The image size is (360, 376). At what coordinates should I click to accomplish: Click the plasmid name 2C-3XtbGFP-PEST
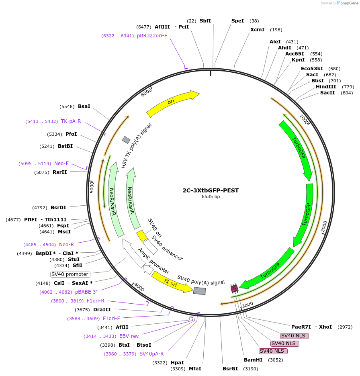211,190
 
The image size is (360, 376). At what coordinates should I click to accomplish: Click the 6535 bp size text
211,197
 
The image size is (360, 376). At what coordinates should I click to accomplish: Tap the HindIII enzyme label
326,87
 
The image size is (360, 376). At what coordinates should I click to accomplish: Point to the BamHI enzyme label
253,360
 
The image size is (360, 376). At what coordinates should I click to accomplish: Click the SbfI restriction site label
205,21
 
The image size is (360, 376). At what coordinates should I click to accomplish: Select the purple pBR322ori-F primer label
152,36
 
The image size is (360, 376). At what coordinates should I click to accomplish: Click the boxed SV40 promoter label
70,274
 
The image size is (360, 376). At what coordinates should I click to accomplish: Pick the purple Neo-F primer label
61,163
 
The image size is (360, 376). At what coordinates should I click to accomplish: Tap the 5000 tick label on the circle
92,187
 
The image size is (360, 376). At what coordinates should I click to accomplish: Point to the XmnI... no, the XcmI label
257,30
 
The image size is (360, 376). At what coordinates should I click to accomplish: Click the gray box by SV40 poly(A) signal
199,291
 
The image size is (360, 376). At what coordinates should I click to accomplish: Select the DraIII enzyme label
102,310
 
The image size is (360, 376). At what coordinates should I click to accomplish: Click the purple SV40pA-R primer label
151,354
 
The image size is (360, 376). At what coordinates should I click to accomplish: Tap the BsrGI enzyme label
230,369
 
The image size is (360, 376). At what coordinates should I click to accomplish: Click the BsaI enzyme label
84,106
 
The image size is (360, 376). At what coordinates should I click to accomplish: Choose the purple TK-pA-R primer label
71,121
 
